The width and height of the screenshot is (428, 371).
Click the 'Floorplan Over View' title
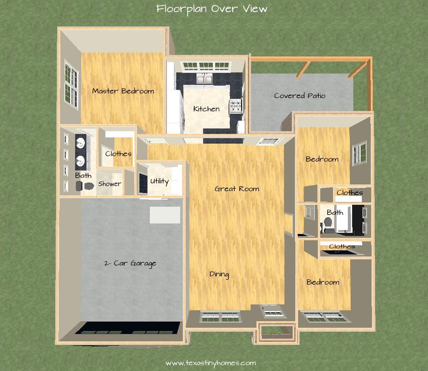tap(212, 9)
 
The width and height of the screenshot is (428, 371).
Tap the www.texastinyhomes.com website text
tap(211, 363)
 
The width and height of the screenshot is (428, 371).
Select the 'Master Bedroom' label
tap(123, 91)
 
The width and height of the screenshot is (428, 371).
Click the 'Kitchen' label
tap(206, 109)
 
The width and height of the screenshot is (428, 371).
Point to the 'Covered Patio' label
tap(300, 96)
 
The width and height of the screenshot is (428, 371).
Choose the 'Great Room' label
tap(237, 189)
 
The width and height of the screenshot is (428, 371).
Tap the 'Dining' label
tap(219, 274)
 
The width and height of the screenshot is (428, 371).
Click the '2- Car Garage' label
tap(130, 264)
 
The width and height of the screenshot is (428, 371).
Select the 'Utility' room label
tap(160, 181)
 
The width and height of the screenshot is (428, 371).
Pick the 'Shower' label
tap(110, 184)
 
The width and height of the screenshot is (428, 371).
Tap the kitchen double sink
tap(204, 79)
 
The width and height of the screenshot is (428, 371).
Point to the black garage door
tap(127, 328)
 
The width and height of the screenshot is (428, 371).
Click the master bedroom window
tap(71, 84)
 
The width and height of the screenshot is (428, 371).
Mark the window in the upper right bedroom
tap(359, 153)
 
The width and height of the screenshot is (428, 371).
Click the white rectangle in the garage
tap(165, 215)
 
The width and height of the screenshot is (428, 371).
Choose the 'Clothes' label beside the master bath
tap(118, 154)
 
